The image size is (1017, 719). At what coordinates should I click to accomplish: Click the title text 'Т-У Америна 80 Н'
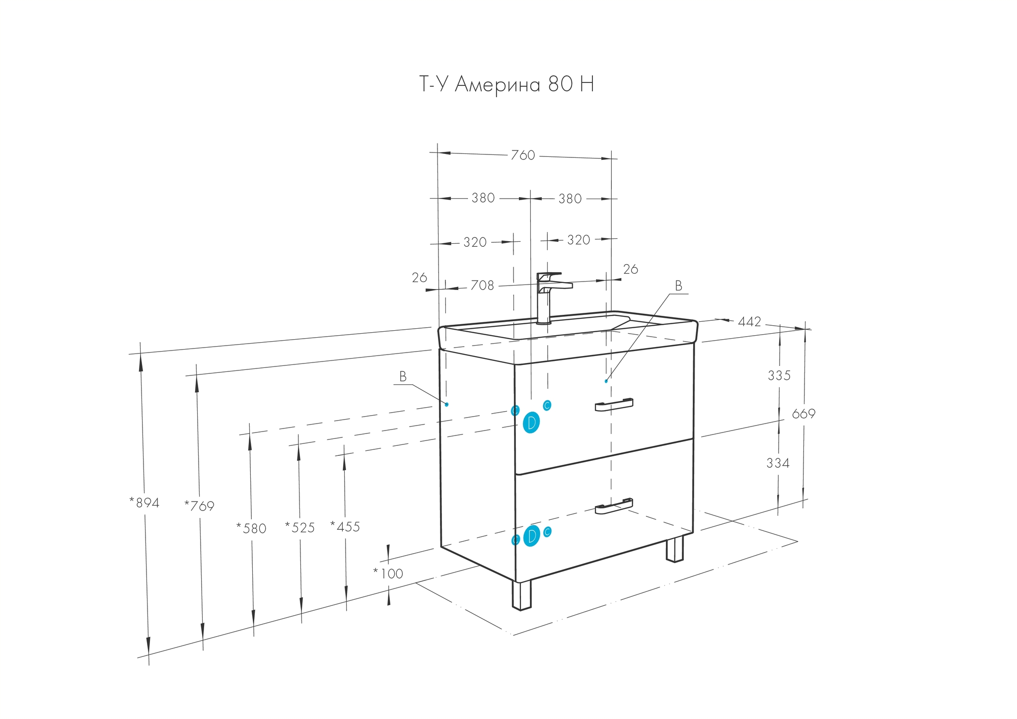[506, 84]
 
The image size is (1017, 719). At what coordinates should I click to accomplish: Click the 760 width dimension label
[523, 155]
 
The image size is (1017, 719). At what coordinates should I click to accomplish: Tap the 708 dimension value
[482, 286]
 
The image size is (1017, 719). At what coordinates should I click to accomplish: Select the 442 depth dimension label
[749, 322]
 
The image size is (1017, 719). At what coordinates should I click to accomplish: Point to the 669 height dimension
[803, 414]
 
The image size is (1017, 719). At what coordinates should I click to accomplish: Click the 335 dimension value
[779, 376]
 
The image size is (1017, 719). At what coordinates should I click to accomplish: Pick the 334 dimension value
[778, 463]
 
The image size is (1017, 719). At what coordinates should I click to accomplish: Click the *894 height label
[145, 503]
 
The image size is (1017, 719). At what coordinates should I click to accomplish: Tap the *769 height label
[199, 506]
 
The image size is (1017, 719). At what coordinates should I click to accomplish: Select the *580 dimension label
[252, 528]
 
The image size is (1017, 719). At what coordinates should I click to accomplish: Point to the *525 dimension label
[300, 527]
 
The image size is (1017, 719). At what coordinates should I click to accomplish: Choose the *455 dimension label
[345, 527]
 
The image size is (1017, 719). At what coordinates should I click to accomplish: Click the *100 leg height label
[388, 574]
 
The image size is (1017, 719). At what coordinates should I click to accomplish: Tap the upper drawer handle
[614, 405]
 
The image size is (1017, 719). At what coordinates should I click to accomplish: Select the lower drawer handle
[614, 505]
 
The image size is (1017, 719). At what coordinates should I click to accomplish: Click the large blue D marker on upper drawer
[531, 423]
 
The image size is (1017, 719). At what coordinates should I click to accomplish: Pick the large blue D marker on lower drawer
[531, 536]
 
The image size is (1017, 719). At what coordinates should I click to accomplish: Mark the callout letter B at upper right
[678, 286]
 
